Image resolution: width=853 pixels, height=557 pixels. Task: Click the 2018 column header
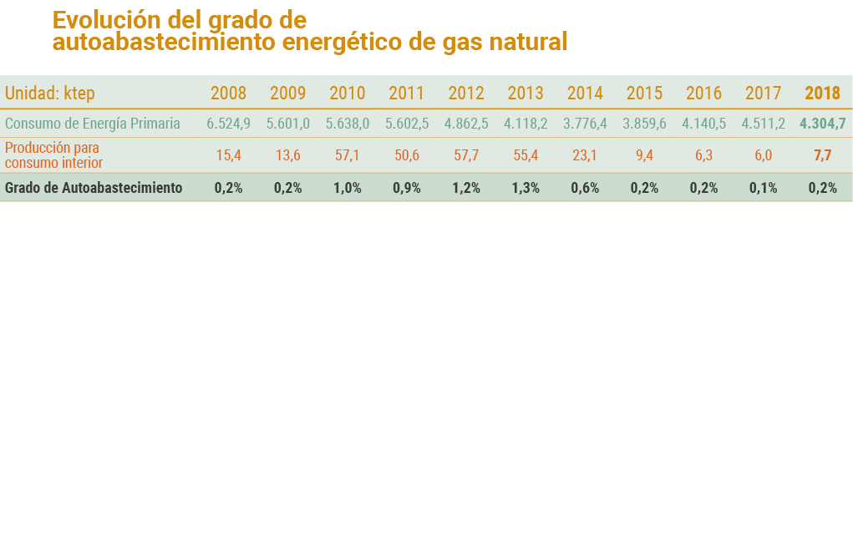(x=822, y=93)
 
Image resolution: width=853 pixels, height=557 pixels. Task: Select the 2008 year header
(x=228, y=93)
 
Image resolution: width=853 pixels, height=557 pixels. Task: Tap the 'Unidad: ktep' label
(x=50, y=93)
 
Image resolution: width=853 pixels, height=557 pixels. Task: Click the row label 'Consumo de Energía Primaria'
(x=93, y=124)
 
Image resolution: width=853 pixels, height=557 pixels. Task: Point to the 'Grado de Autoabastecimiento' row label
(x=94, y=188)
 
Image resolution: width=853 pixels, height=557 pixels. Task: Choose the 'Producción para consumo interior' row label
(x=54, y=155)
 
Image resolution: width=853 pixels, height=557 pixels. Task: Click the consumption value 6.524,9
(x=228, y=124)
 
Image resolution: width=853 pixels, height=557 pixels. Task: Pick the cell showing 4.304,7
(x=822, y=124)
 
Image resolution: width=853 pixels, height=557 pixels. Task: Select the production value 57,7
(x=466, y=155)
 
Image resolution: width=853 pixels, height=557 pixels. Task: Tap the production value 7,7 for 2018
(x=822, y=155)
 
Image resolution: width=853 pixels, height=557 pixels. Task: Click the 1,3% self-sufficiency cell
(x=526, y=188)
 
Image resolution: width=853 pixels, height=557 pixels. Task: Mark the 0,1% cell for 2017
(x=763, y=188)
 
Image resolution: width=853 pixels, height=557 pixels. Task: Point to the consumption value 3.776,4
(x=585, y=124)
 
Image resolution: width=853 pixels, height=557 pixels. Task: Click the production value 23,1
(x=585, y=155)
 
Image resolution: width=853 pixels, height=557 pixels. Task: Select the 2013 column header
(x=526, y=93)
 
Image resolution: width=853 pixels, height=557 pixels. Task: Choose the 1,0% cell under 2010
(x=348, y=188)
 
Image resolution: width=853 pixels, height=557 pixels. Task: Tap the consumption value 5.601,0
(x=288, y=124)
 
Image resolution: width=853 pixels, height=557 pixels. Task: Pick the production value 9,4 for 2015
(x=644, y=155)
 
